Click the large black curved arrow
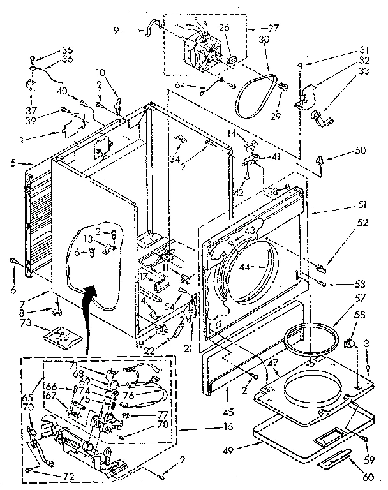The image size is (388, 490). pos(89,293)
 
